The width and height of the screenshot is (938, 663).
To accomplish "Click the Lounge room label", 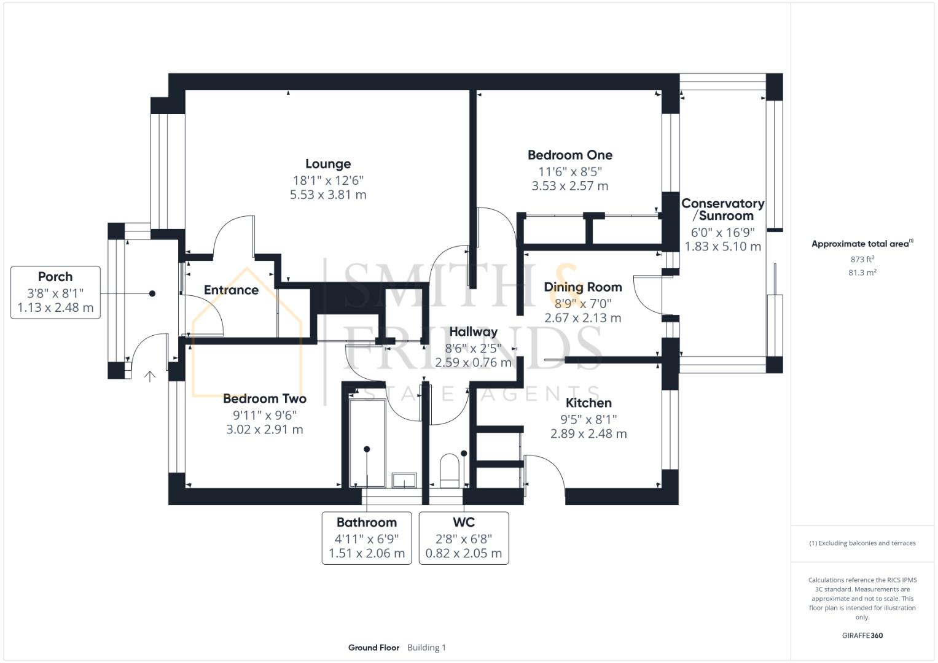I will pos(328,164).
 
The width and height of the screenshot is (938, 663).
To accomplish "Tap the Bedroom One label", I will pos(569,155).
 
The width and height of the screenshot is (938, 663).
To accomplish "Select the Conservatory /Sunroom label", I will pos(722,209).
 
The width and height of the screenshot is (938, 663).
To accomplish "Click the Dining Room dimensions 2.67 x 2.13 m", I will pos(582,318).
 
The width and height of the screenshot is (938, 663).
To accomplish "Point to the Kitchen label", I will pos(588,403).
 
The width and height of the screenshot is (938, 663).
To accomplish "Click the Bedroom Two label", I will pos(264,399).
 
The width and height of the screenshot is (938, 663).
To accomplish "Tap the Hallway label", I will pos(473,332).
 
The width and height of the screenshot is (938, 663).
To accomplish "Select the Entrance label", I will pos(231,290).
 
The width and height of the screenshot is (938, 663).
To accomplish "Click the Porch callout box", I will pos(55,292).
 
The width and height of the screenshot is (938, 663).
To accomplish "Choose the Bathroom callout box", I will pos(367,538).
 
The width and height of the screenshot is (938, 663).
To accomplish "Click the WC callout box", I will pos(464,538).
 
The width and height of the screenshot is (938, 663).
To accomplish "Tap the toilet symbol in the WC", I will pos(450,470).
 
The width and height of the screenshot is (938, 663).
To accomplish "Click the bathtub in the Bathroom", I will pos(367,442).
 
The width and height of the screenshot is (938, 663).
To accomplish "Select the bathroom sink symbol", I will pos(404,479).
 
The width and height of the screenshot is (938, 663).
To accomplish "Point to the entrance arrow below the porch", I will pos(150,376).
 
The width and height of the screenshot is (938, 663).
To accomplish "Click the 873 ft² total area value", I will pos(862,260).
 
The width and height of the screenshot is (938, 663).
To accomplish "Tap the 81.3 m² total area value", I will pos(862,273).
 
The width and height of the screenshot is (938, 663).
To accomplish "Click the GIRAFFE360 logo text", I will pos(862,635).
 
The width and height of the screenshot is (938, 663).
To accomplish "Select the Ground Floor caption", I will pos(373,648).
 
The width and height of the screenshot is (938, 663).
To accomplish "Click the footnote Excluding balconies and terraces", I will pos(862,543).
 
